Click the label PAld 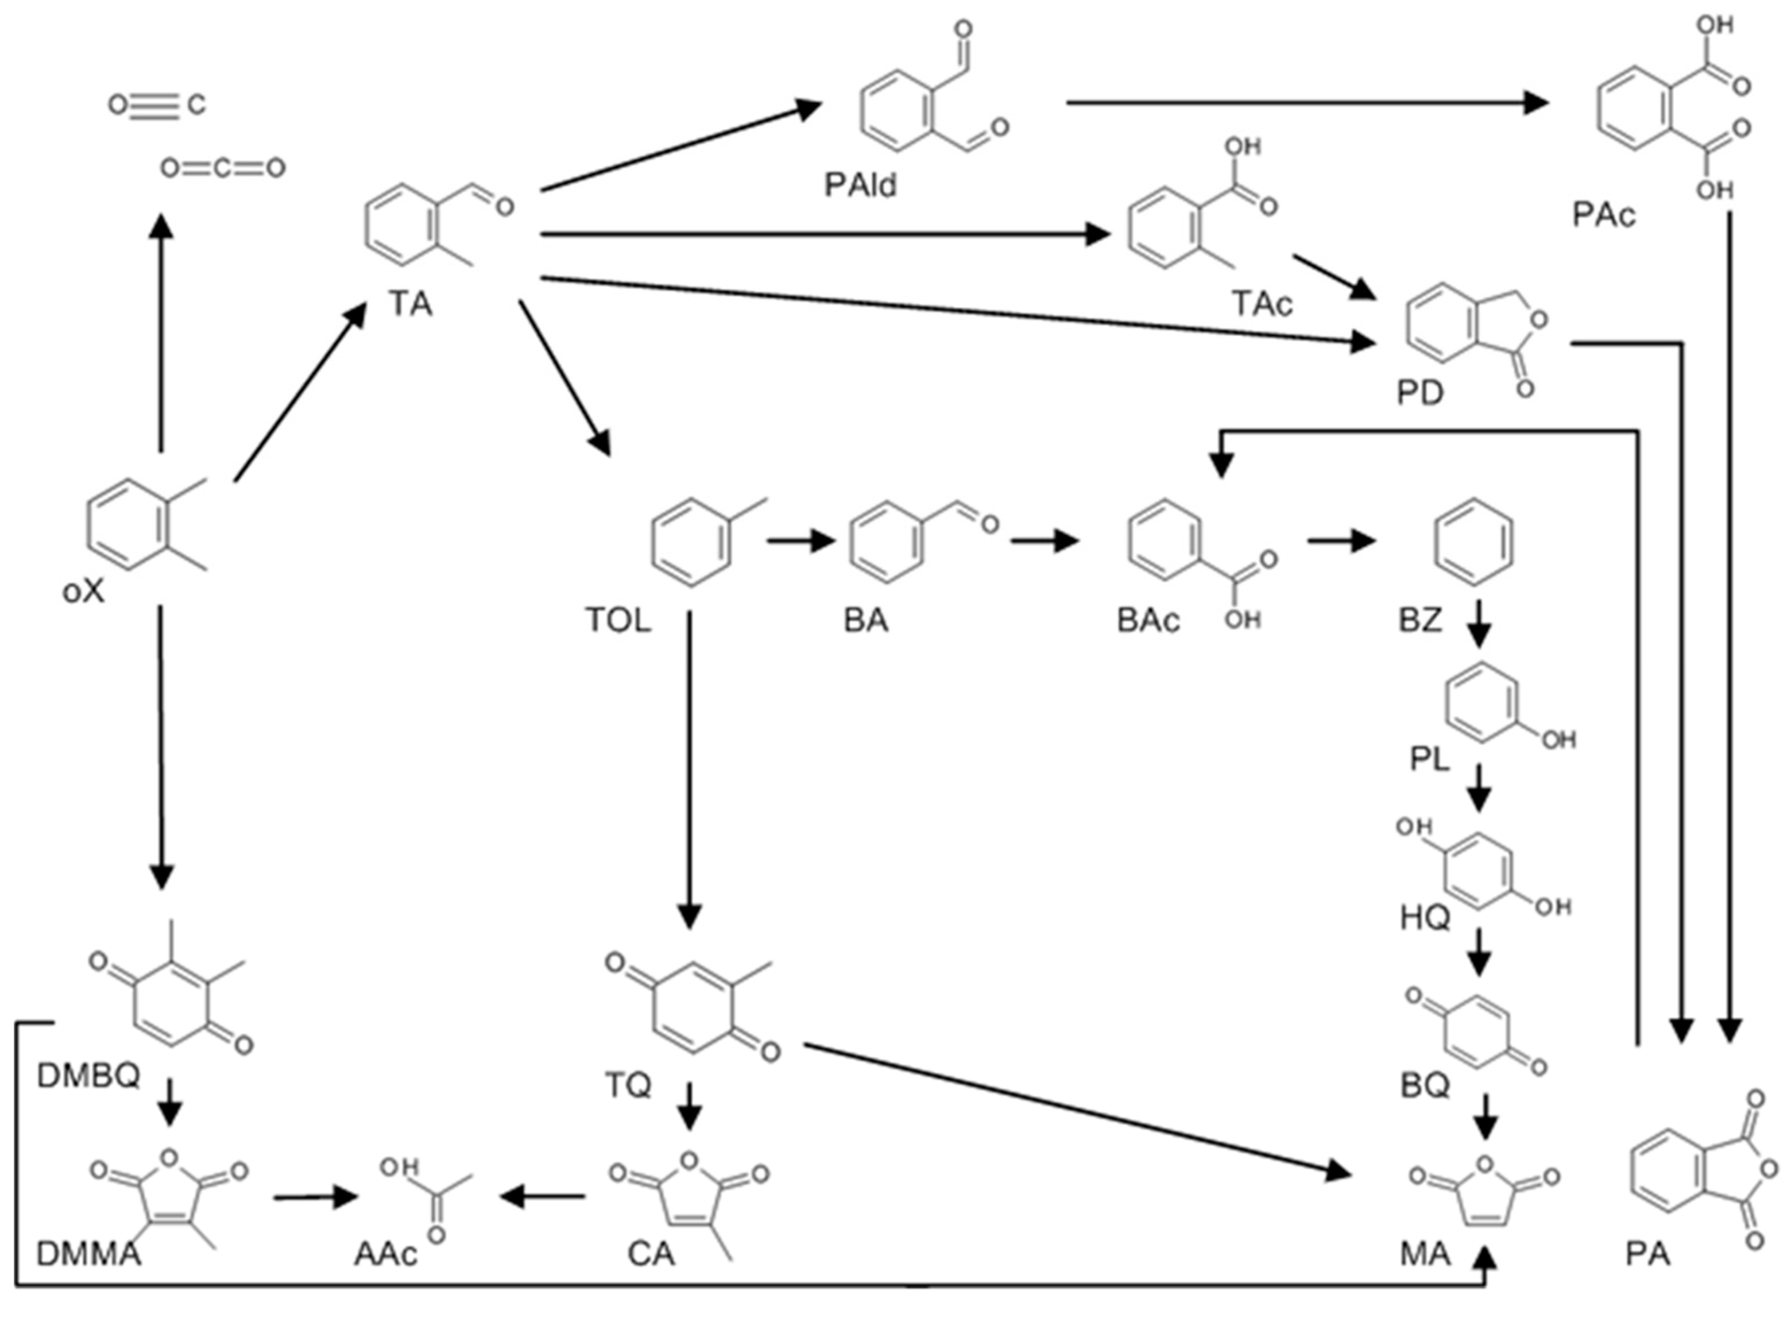pos(860,185)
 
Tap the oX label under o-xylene pos(83,591)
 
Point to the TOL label pos(617,620)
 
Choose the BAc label pos(1147,620)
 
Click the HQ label pos(1425,918)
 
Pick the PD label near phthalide pos(1420,392)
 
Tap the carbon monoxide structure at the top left pos(157,105)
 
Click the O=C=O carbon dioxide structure pos(223,168)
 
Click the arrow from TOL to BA pos(800,541)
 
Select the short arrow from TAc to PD pos(1334,277)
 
